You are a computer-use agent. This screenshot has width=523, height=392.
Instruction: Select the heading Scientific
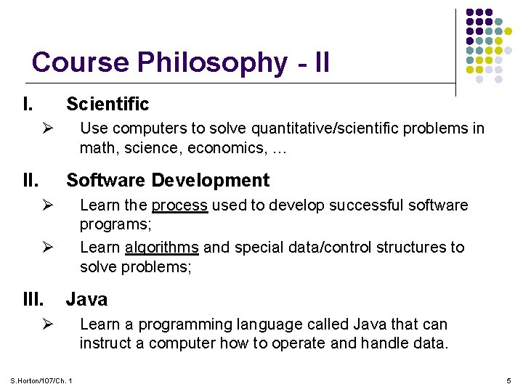coord(108,105)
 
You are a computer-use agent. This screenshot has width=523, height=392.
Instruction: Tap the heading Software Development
coord(168,180)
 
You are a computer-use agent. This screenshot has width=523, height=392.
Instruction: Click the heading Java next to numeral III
coord(86,299)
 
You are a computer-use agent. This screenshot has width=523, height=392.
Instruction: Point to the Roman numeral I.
coord(27,105)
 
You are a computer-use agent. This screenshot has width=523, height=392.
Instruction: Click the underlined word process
coord(179,205)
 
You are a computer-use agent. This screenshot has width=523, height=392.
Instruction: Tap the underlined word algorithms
coord(161,248)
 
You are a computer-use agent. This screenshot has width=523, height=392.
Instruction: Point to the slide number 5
coord(508,380)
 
